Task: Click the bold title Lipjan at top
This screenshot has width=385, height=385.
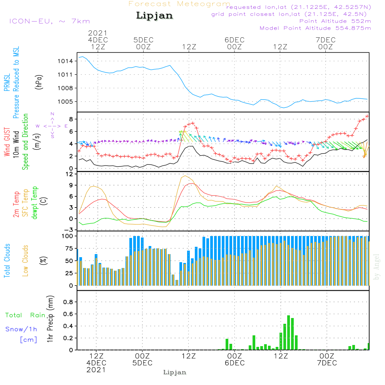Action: pyautogui.click(x=154, y=15)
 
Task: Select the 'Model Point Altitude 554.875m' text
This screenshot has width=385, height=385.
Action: pyautogui.click(x=315, y=28)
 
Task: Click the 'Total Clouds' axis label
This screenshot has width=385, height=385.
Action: pyautogui.click(x=7, y=261)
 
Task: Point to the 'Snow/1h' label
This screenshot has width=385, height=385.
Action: pyautogui.click(x=21, y=330)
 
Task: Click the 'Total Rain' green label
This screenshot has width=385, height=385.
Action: pyautogui.click(x=25, y=315)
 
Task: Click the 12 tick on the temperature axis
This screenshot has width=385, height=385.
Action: pyautogui.click(x=70, y=174)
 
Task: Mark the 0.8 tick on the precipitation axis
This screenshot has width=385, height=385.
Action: pyautogui.click(x=68, y=302)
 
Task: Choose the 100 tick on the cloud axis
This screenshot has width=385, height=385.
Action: pyautogui.click(x=67, y=236)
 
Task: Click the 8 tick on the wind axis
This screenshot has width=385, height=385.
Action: pyautogui.click(x=70, y=119)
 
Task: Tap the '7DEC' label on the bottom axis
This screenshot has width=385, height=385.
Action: pyautogui.click(x=327, y=363)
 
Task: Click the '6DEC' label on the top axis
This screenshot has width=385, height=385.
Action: pyautogui.click(x=234, y=40)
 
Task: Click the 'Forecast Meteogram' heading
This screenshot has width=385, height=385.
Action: pyautogui.click(x=179, y=4)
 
